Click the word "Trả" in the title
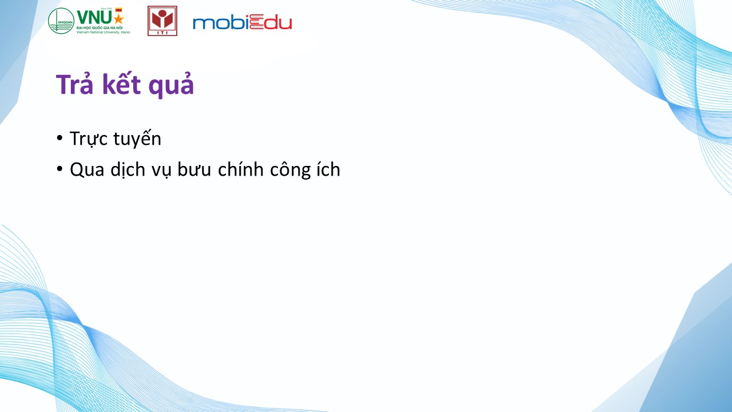click(75, 84)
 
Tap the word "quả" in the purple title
click(171, 86)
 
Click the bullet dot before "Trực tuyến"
click(59, 138)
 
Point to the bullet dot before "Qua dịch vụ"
click(59, 169)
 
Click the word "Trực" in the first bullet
click(89, 139)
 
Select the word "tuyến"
click(137, 138)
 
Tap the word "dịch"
click(128, 170)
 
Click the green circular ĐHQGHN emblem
click(61, 21)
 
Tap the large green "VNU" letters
click(95, 18)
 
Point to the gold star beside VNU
click(118, 18)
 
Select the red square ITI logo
click(162, 21)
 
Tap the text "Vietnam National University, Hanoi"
click(104, 32)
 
